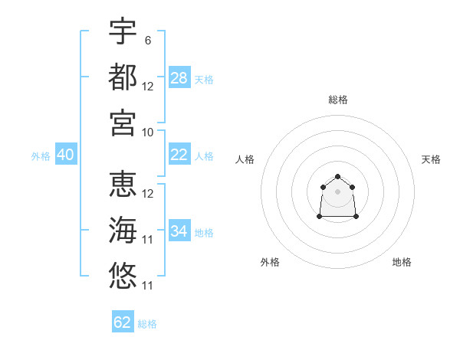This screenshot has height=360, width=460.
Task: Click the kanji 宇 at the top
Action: coord(123,31)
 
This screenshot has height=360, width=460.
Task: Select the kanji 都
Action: coord(123,77)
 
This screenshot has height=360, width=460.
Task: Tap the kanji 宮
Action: coord(123,123)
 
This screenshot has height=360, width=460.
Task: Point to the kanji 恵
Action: coord(123,184)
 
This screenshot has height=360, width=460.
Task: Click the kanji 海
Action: coord(123,230)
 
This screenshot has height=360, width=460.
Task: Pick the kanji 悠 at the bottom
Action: coord(123,276)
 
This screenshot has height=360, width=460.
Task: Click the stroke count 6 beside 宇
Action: coord(148,41)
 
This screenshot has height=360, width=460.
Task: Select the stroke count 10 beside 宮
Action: coord(147,133)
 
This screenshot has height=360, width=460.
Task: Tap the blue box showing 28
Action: coord(179,77)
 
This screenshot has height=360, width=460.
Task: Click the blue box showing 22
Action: coord(179,154)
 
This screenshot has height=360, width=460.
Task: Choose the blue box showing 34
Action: coord(179,230)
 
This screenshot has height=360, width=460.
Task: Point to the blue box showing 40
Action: coord(66,154)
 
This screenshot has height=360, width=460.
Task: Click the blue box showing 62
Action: coord(123,321)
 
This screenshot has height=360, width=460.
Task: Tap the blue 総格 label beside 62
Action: coord(147,324)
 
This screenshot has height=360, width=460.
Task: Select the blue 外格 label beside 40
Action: coord(41,156)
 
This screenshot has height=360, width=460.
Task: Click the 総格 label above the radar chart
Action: coord(338,100)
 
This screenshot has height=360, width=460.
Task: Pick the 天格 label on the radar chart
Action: coord(431,159)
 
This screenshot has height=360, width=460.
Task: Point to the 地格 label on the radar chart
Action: coord(402,262)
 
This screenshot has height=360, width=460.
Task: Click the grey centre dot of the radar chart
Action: coord(337,191)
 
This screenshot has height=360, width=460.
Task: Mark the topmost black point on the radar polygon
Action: coord(337,176)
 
